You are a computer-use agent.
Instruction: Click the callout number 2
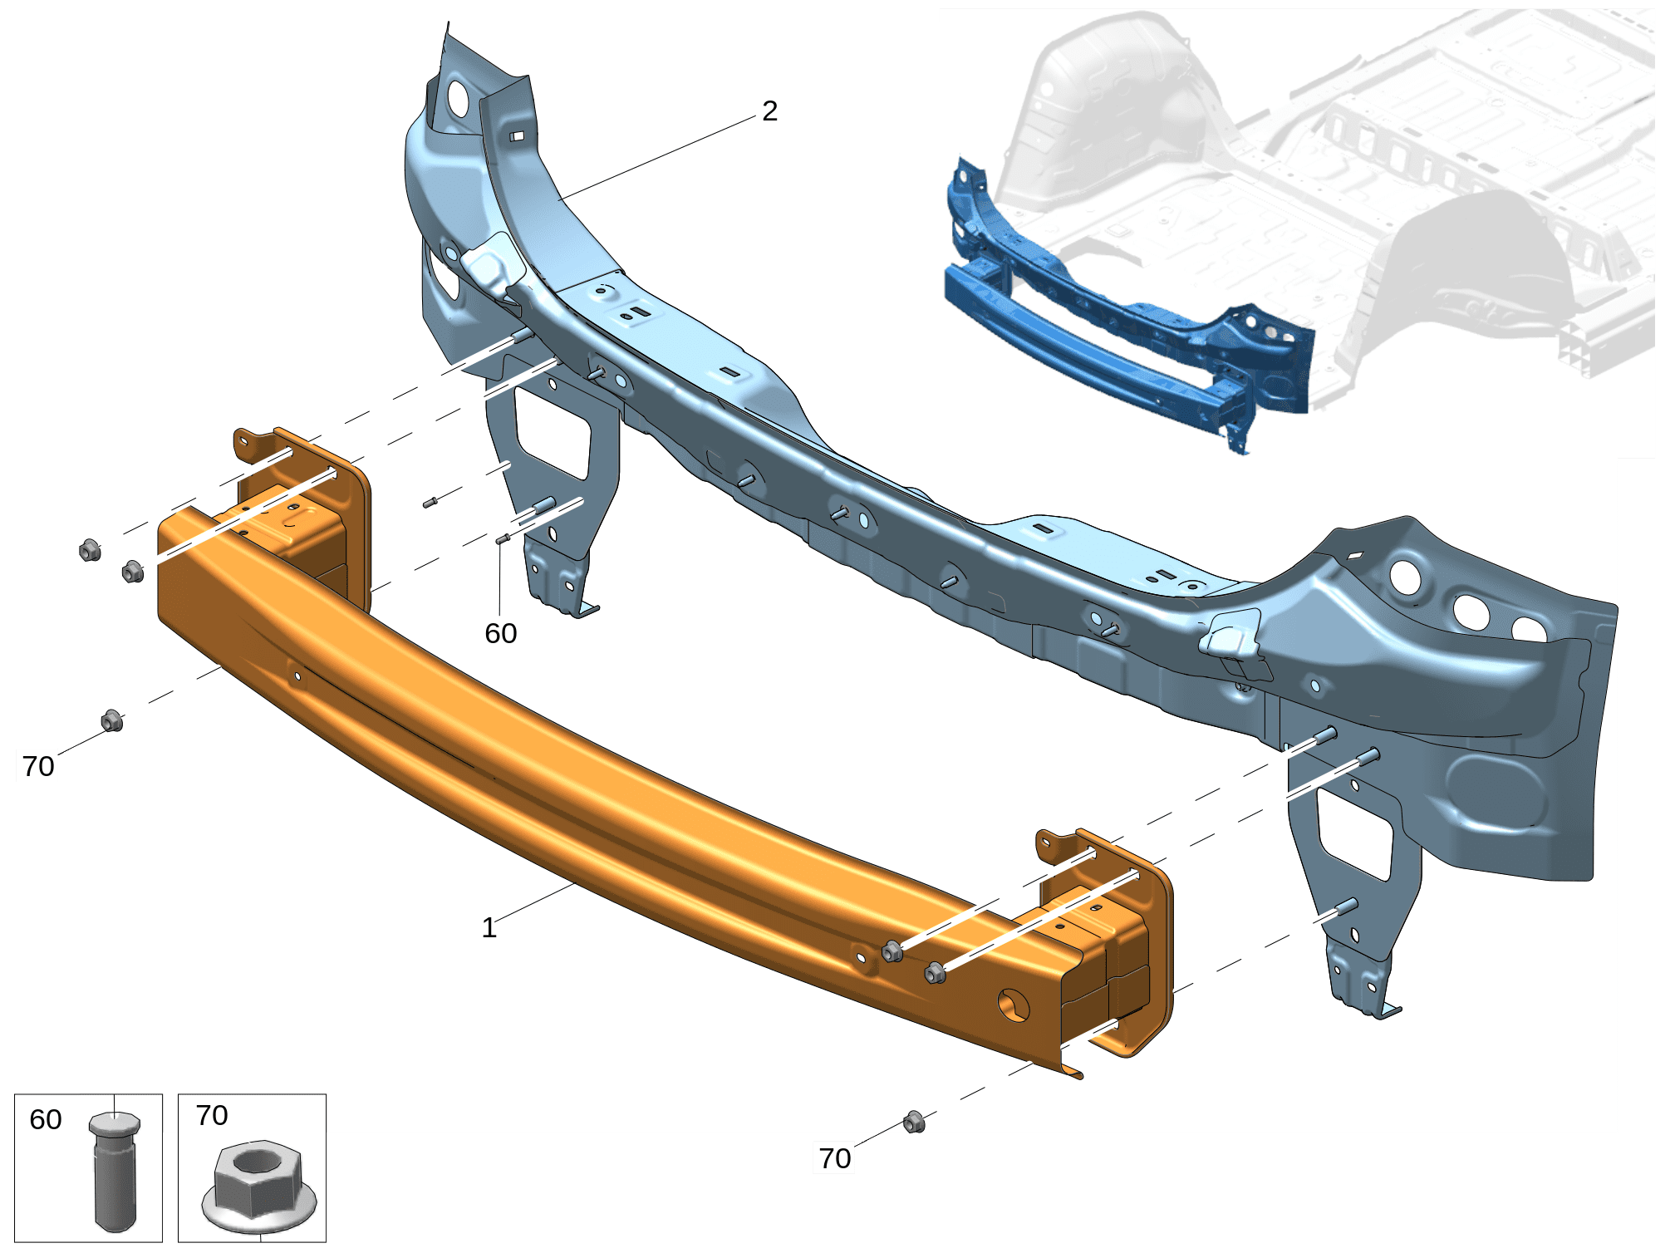click(x=770, y=111)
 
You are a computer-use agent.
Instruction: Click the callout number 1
click(x=489, y=928)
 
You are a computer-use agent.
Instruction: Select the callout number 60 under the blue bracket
click(x=501, y=634)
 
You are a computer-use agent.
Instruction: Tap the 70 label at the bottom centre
click(x=835, y=1158)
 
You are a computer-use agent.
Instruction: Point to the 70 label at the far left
click(x=38, y=766)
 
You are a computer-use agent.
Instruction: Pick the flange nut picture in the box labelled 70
click(x=259, y=1187)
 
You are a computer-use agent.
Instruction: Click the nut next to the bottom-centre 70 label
click(x=914, y=1122)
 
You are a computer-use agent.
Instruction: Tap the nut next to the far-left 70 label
click(x=112, y=720)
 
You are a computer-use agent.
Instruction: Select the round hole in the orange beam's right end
click(x=1014, y=1006)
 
